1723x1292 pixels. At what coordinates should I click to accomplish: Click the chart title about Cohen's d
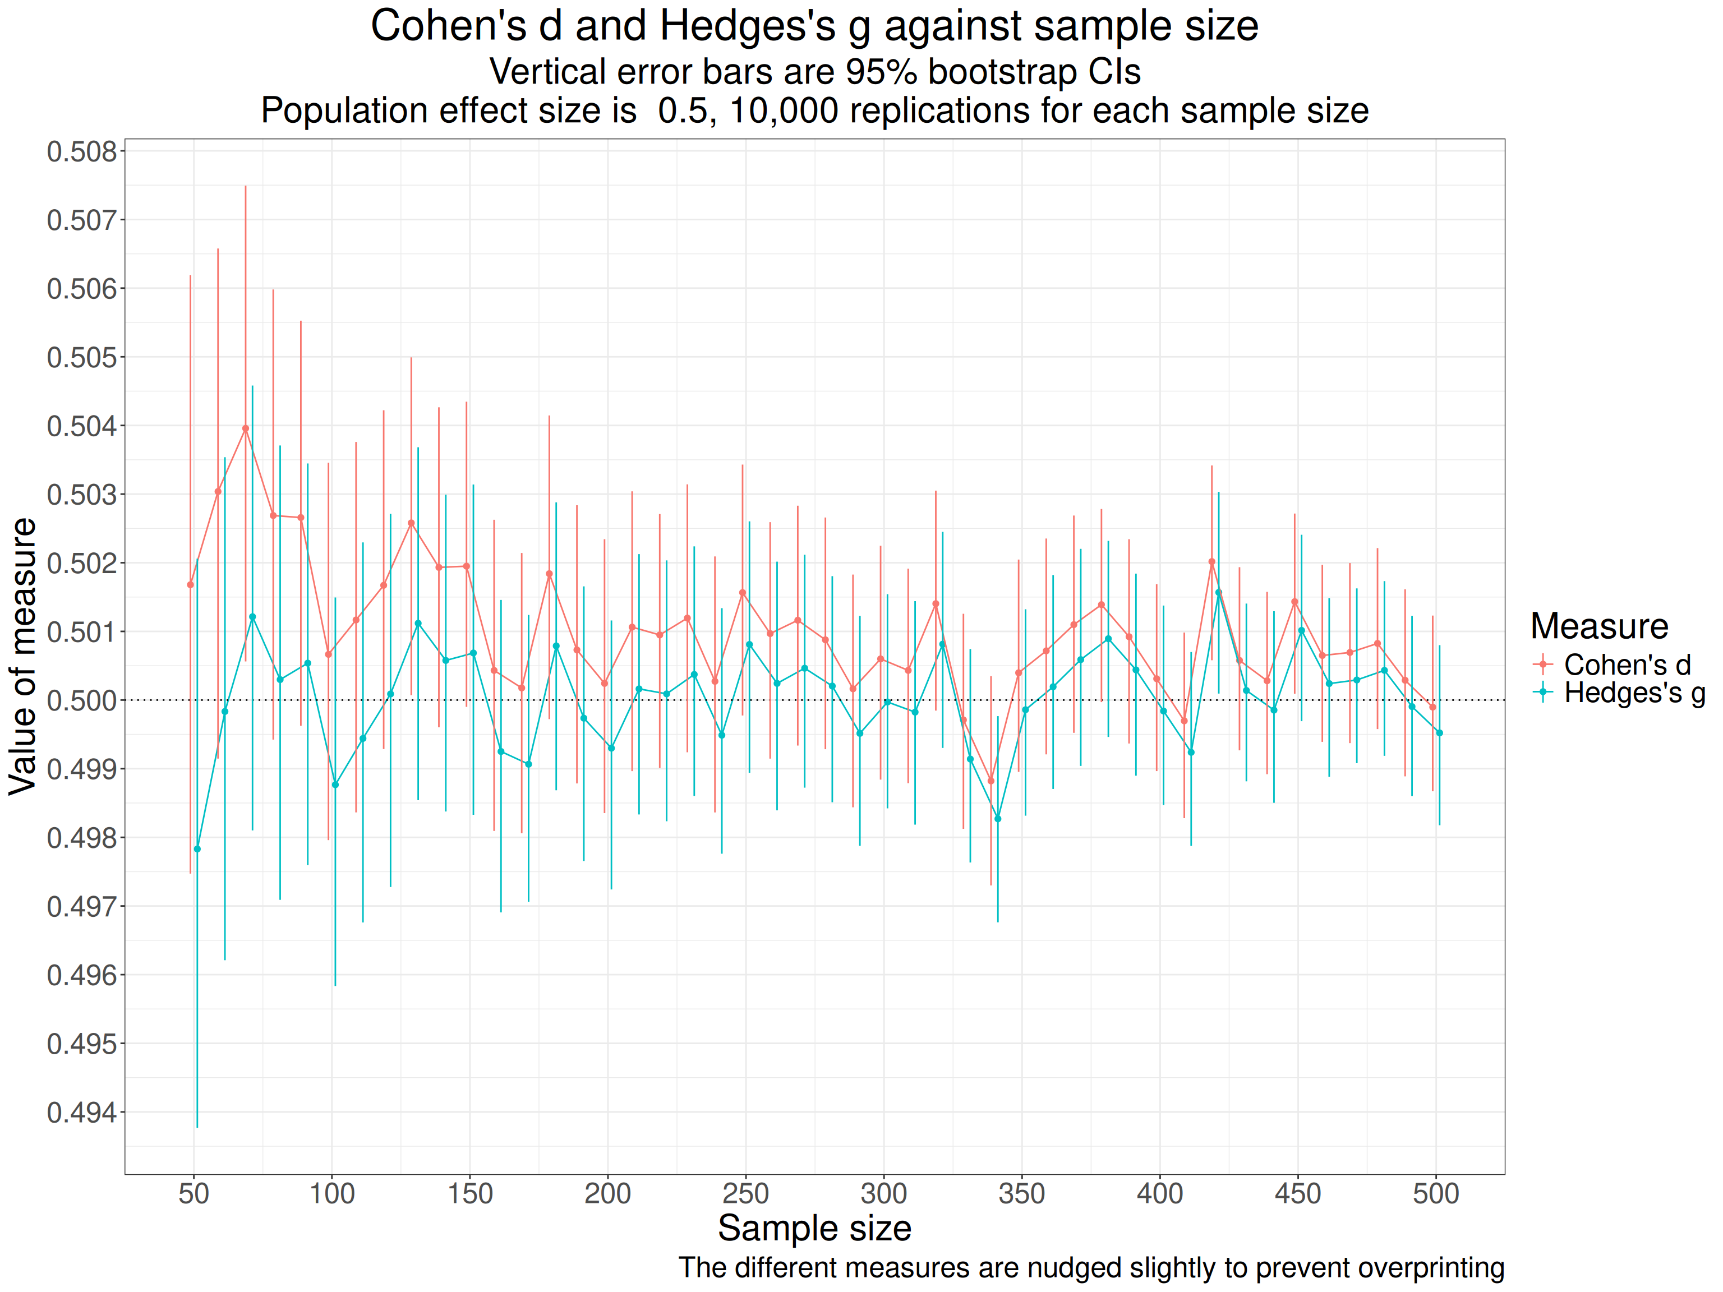pos(814,26)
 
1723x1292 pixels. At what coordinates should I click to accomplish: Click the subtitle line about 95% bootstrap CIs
pos(814,72)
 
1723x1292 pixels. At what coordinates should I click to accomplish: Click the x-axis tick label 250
pos(745,1194)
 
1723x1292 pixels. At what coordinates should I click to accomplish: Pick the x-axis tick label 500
pos(1436,1194)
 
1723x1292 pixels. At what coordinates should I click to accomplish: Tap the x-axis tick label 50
pos(194,1194)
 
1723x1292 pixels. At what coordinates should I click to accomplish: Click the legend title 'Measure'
pos(1598,626)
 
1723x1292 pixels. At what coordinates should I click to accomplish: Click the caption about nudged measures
pos(1090,1268)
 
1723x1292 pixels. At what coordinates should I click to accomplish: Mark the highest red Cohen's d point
pos(245,428)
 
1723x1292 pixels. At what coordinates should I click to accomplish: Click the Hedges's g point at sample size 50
pos(197,849)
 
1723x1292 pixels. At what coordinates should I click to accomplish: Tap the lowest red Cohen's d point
pos(991,781)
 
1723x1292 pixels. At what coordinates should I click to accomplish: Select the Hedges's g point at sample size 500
pos(1439,733)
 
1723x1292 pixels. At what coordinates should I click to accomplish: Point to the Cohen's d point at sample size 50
pos(190,584)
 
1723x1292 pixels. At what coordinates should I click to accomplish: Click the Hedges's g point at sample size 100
pos(335,785)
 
